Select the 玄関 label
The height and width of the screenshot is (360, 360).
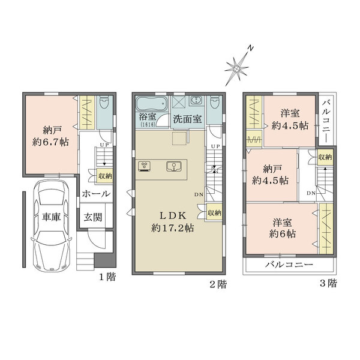coord(92,217)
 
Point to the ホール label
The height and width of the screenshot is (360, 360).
coord(95,194)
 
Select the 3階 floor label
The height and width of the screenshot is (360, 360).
coord(328,286)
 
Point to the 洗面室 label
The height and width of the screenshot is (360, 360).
coord(188,119)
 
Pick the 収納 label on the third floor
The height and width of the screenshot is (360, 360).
coord(325,157)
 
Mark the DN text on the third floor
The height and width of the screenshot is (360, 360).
coord(311,193)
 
